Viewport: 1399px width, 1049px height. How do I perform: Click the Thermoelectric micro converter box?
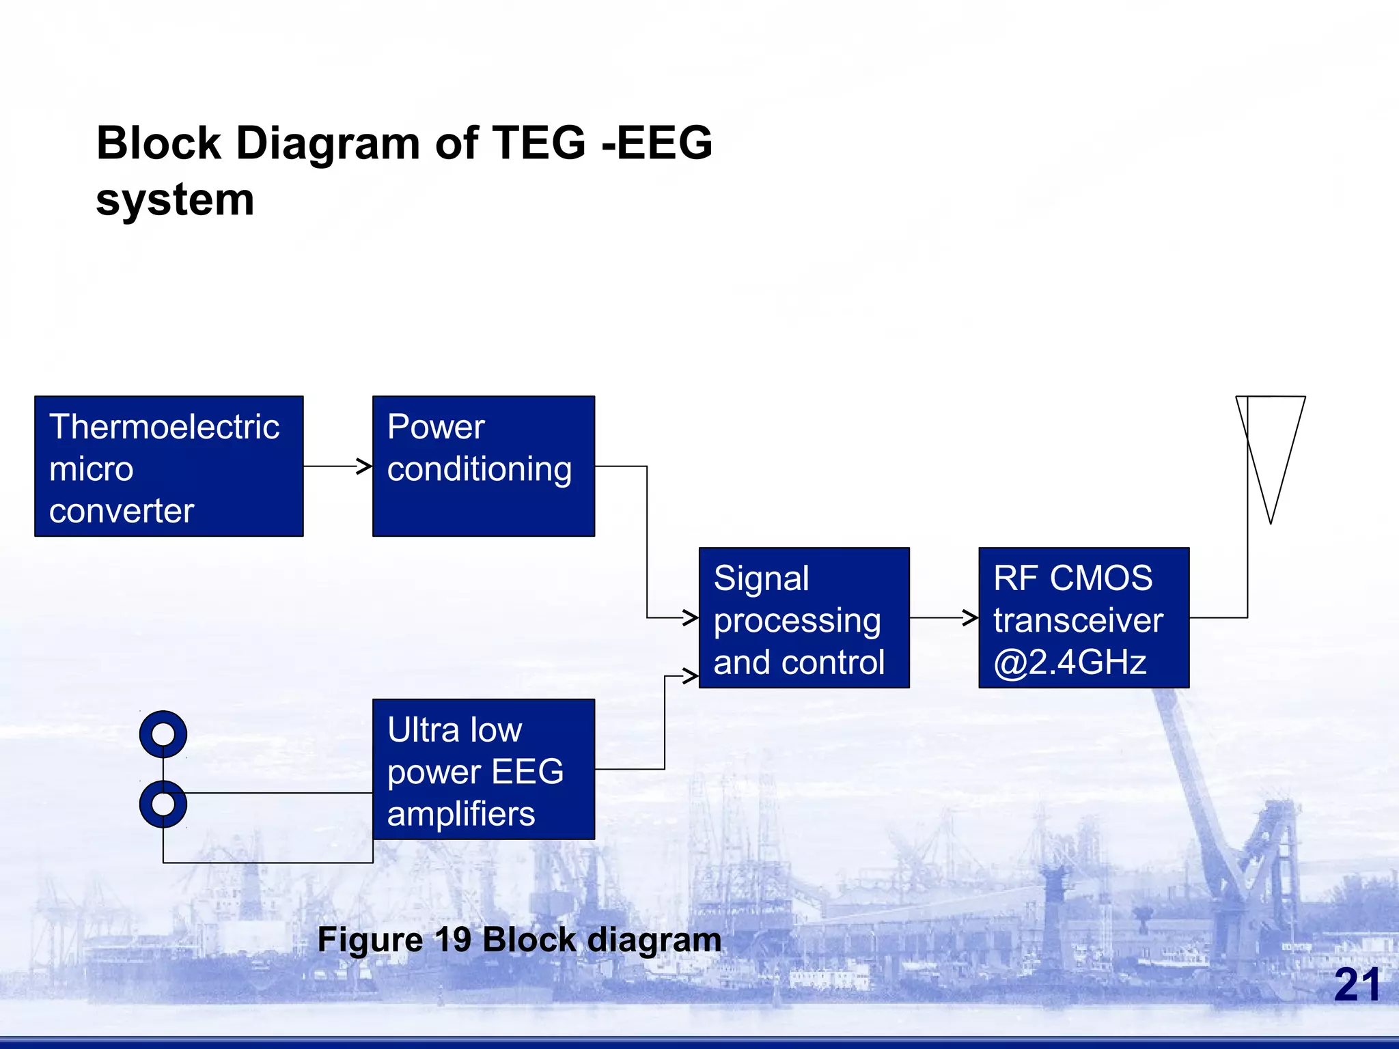point(169,466)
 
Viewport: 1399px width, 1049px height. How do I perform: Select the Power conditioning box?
point(483,466)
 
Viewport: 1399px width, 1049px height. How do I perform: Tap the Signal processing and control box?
point(804,617)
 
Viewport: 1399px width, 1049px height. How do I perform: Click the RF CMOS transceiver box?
point(1083,617)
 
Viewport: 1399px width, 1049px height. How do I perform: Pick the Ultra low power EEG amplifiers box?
point(483,769)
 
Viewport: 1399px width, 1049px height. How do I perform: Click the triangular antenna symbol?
point(1271,451)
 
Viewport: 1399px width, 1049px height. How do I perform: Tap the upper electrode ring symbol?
point(163,734)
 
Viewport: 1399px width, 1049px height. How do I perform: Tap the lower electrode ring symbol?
point(163,804)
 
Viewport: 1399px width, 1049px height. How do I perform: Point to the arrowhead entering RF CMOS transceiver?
point(971,617)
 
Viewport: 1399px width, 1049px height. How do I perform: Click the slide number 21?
point(1356,985)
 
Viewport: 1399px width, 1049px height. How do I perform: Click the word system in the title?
point(175,200)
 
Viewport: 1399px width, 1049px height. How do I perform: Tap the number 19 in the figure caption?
point(452,940)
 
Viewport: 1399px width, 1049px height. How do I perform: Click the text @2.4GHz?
point(1070,662)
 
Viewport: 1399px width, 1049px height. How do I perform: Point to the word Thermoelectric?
point(164,427)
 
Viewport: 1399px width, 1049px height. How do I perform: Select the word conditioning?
point(479,470)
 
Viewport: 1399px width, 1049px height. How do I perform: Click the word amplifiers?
point(461,814)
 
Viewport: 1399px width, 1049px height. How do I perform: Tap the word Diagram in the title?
point(327,143)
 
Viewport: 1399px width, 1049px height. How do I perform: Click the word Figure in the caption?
point(370,940)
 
